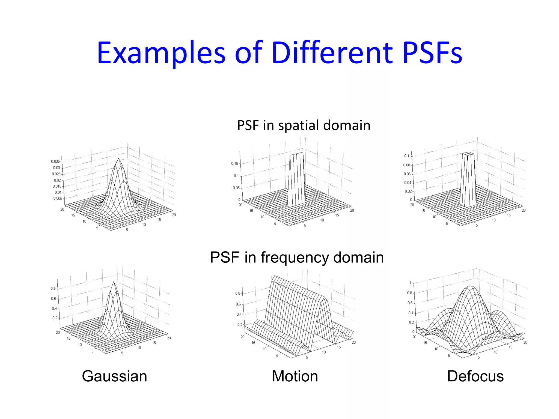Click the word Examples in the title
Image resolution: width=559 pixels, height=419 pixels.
tap(161, 53)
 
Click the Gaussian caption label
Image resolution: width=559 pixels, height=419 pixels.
tap(114, 376)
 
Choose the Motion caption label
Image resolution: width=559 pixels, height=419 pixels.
tap(295, 376)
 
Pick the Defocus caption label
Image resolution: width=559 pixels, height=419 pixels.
tap(475, 376)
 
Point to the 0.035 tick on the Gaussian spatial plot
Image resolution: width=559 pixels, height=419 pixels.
tap(55, 161)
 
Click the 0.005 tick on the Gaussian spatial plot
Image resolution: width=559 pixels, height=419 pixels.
tap(58, 198)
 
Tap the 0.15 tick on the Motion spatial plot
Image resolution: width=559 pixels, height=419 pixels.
tap(234, 163)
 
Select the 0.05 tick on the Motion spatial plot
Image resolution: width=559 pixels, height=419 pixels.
tap(236, 188)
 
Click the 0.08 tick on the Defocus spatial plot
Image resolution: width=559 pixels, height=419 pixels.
tap(407, 165)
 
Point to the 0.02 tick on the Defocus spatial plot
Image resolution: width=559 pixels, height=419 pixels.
tap(408, 191)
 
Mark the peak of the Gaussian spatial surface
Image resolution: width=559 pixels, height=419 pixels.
tap(118, 158)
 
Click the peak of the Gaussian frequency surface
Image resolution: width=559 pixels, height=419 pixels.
tap(114, 282)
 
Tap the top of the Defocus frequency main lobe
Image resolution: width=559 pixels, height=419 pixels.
tap(470, 286)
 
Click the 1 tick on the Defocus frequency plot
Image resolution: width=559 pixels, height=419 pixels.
tap(410, 283)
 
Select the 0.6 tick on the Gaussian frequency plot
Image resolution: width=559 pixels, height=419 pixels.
tap(53, 298)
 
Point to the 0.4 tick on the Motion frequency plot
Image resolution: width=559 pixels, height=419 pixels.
tap(239, 315)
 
